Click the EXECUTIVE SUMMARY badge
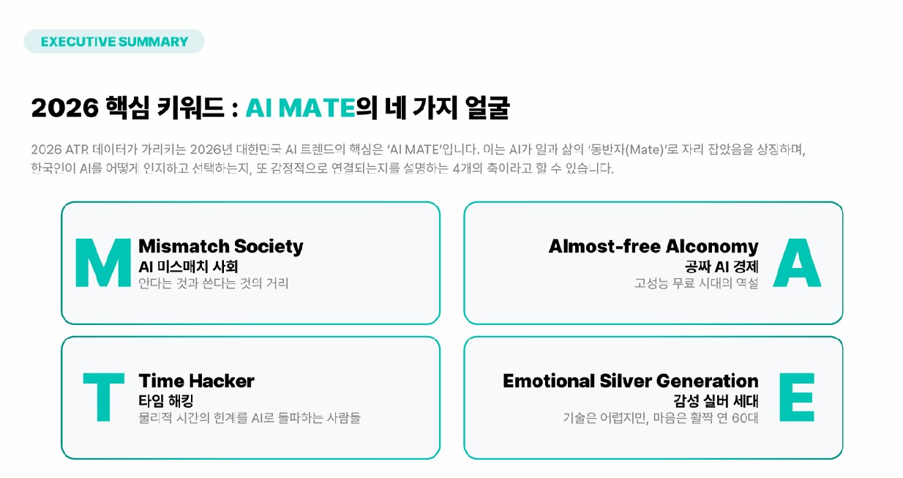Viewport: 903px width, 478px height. pos(114,42)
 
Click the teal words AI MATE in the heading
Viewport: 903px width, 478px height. pos(300,108)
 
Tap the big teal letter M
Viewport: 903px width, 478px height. pos(103,262)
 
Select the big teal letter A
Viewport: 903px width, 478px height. pos(797,262)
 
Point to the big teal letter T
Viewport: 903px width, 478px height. pos(103,397)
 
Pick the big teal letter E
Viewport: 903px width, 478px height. pos(796,397)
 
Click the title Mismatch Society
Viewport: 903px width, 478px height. pos(220,246)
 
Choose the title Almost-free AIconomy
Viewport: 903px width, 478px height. pos(653,246)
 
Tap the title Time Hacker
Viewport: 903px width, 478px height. pos(196,381)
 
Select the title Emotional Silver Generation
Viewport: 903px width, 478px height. pos(630,381)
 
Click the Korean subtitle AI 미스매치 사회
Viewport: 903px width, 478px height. pos(188,266)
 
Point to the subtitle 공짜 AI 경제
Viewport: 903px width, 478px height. pos(722,266)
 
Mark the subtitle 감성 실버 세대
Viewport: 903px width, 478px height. pos(716,401)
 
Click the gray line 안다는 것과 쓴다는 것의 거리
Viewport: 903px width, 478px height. pos(214,283)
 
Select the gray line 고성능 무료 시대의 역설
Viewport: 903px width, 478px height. pos(696,283)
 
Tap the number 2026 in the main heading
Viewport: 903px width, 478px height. pos(64,108)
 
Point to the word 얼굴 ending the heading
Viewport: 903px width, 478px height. pos(487,108)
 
